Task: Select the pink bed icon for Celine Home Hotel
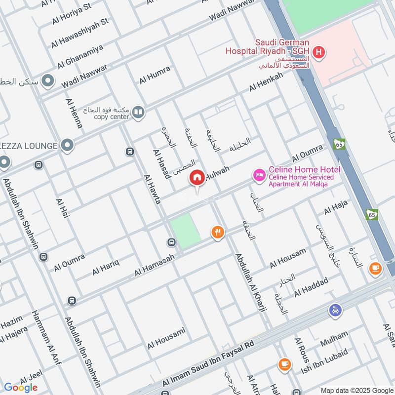coord(259,174)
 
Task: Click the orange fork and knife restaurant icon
coord(218,232)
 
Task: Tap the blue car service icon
coord(335,311)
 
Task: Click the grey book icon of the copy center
coord(139,113)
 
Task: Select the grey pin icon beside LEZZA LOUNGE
coord(68,146)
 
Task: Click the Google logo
coord(21,387)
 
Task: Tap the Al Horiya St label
coord(72,15)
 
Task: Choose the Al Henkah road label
coord(266,81)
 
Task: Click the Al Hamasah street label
coord(155,263)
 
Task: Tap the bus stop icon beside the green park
coord(171,242)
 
